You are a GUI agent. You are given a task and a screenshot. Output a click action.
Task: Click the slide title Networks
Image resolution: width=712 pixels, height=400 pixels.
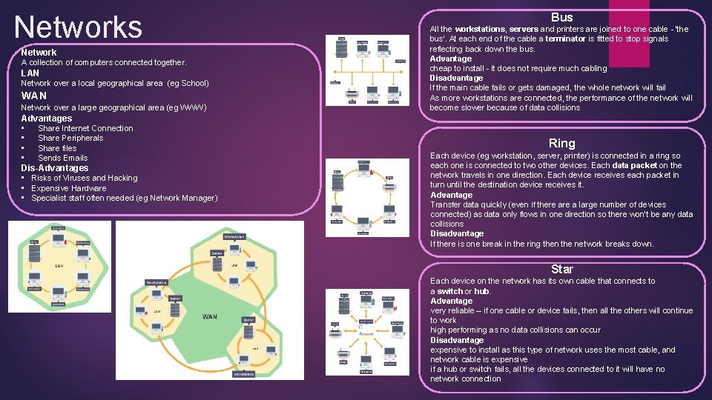click(78, 27)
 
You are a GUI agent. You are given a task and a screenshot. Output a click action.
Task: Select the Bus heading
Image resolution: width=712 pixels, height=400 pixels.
click(561, 17)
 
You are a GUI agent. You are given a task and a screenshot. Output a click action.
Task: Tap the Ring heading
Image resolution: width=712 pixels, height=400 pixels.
click(561, 143)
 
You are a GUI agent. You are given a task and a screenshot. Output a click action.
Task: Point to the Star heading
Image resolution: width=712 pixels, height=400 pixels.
click(561, 269)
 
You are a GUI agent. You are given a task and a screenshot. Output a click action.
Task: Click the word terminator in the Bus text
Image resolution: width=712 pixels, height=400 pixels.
click(566, 39)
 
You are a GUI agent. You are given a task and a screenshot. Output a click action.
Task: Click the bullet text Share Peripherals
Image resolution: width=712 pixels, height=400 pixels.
click(70, 138)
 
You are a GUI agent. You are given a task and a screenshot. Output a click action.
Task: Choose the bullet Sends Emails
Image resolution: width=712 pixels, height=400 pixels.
click(62, 158)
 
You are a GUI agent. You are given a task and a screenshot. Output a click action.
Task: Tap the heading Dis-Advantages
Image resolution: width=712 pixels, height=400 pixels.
click(54, 168)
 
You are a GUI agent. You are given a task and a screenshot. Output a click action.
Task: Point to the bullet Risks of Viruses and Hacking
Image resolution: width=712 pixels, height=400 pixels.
click(84, 178)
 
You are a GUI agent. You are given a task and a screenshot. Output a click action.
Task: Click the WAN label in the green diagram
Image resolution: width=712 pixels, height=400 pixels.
click(210, 317)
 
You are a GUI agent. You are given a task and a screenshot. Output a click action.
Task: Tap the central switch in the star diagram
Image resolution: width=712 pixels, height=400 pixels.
click(363, 333)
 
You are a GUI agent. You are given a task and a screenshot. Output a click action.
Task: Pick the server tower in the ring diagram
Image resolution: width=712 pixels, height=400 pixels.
click(337, 182)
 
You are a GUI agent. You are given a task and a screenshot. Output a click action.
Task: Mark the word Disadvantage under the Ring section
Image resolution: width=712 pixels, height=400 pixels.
click(457, 234)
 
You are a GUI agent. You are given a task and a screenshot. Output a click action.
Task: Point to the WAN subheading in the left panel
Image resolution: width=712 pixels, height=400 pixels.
click(33, 96)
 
